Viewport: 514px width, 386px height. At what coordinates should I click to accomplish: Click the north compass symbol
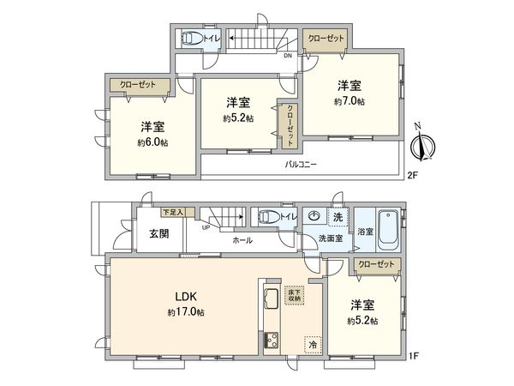[x=421, y=147]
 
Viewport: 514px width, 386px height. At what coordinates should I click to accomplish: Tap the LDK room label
[x=188, y=298]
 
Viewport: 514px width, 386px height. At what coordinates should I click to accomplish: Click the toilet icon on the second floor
[x=190, y=39]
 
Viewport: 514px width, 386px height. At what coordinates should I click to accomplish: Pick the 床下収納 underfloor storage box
[x=294, y=294]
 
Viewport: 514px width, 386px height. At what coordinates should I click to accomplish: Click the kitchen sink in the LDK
[x=268, y=298]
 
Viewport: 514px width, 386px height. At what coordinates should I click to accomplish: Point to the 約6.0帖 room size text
[x=153, y=142]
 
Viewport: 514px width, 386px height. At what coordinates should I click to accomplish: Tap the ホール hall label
[x=242, y=240]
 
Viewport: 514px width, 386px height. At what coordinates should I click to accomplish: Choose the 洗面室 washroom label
[x=331, y=238]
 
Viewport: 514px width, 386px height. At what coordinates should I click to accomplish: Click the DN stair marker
[x=288, y=57]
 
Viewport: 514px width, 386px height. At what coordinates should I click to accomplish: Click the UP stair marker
[x=206, y=227]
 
